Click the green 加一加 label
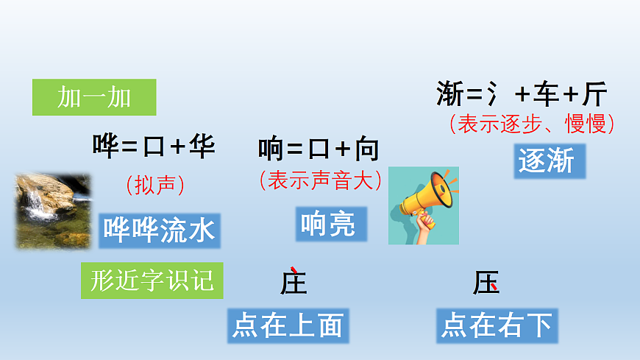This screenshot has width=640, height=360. (94, 97)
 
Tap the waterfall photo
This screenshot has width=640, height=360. (54, 211)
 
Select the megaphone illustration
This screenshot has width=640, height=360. (423, 205)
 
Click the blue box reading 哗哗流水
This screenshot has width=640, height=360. (160, 230)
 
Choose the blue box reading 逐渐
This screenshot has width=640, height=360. (549, 161)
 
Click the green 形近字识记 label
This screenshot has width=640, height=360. (152, 280)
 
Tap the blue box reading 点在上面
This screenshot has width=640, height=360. (288, 325)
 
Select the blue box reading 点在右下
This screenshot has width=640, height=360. (497, 325)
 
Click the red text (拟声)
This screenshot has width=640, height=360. (154, 184)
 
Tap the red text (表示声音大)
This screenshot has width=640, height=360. (321, 180)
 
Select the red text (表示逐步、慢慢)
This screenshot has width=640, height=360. (532, 123)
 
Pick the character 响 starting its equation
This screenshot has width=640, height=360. (271, 149)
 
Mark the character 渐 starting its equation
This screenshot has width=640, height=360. (450, 95)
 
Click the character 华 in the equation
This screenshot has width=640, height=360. (202, 146)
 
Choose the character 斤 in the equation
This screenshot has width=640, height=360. (594, 95)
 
